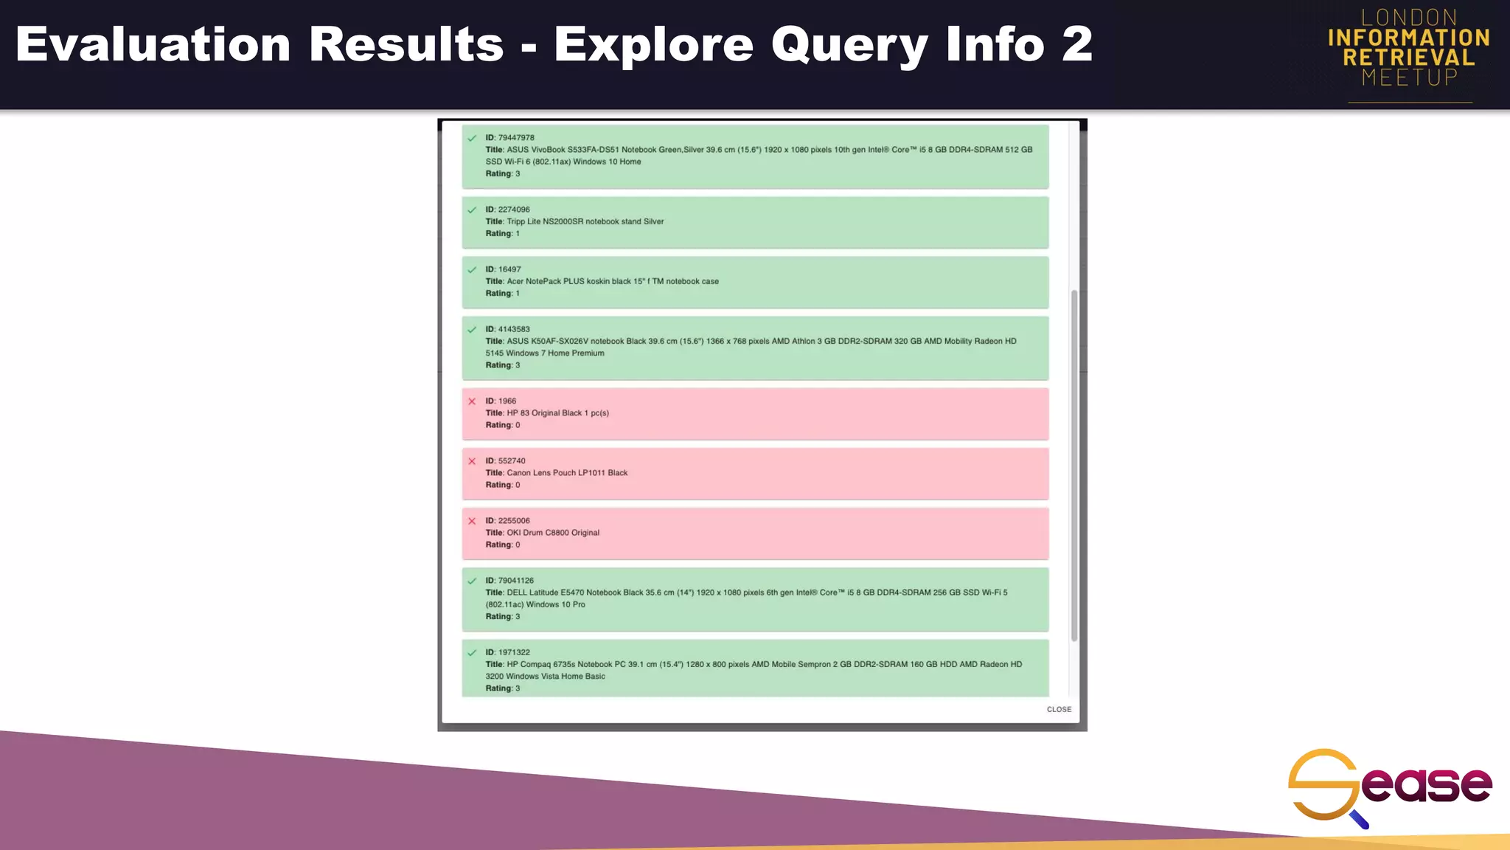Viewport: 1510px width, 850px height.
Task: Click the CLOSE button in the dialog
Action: tap(1059, 709)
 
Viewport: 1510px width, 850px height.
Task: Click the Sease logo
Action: tap(1389, 787)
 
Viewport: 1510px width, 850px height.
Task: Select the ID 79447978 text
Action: tap(509, 138)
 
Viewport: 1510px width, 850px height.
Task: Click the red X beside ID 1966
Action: tap(472, 401)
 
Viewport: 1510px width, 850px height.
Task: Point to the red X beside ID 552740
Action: tap(472, 461)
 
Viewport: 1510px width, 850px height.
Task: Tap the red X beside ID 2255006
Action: tap(472, 521)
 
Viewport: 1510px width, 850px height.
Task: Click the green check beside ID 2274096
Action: tap(472, 210)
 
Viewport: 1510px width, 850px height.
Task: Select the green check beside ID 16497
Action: tap(472, 270)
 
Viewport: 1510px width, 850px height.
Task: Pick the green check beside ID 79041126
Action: tap(472, 581)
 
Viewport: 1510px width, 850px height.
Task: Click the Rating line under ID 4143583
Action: tap(503, 365)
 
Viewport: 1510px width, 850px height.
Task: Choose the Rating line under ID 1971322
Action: tap(503, 688)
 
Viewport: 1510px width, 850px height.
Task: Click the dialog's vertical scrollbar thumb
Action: tap(1074, 465)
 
